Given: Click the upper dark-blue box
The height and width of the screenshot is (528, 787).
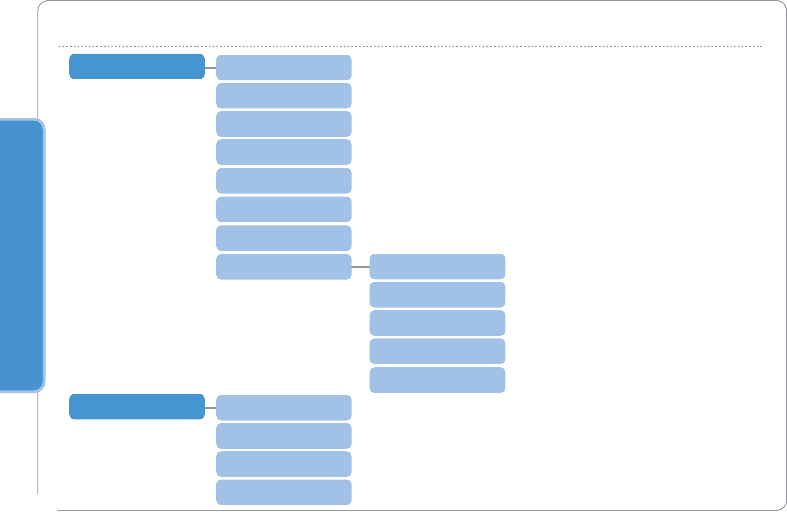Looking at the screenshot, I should (x=137, y=66).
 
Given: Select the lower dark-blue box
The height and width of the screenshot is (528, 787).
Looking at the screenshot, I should (x=137, y=407).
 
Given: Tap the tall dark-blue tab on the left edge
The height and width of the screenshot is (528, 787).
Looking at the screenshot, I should (x=22, y=255).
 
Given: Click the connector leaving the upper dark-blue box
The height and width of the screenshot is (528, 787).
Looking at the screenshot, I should (x=210, y=67).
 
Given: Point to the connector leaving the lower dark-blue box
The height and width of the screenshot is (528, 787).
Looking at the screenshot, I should (x=210, y=408).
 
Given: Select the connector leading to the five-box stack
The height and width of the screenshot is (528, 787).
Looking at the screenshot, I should (x=361, y=266).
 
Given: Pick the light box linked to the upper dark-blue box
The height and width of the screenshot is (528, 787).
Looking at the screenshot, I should (x=283, y=67).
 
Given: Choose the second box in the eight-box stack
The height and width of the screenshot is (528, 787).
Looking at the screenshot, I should (x=283, y=95).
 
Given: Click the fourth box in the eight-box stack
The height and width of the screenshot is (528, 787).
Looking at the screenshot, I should (x=283, y=152).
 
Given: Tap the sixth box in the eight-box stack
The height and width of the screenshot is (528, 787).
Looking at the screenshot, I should (x=283, y=209).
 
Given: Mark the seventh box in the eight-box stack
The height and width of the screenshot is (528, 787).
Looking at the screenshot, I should (x=283, y=238).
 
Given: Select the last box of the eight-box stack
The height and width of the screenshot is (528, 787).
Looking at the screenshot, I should (x=283, y=266).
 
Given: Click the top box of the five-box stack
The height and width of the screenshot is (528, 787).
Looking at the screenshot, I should (x=437, y=266).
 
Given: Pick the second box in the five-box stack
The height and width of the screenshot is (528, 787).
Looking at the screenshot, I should (x=437, y=294).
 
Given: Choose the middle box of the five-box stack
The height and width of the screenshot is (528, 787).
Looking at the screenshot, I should (x=437, y=323).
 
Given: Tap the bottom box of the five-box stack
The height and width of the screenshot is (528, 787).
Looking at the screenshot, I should (x=437, y=380).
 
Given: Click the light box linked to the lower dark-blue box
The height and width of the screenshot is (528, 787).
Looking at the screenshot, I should (x=283, y=408).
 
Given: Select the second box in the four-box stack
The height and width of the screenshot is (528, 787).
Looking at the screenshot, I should (x=283, y=436).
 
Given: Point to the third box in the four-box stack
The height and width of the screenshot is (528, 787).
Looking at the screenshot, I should (x=283, y=464).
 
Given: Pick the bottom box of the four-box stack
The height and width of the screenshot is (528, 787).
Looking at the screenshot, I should (x=283, y=492).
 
